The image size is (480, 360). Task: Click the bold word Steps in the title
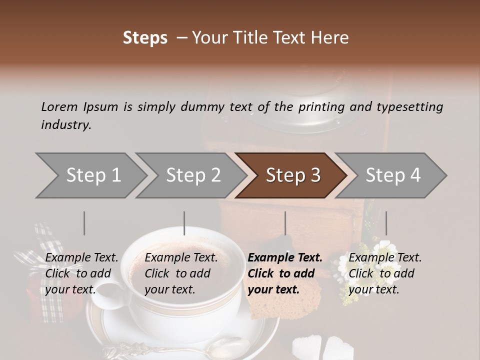[x=145, y=38]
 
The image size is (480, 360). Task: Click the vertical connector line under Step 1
[x=84, y=223]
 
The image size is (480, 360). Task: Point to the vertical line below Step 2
[x=184, y=223]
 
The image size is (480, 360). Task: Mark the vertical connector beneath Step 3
[x=285, y=223]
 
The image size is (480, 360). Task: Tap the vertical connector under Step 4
[x=386, y=223]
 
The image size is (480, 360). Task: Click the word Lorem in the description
[x=59, y=106]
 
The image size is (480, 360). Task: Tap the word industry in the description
[x=65, y=124]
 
